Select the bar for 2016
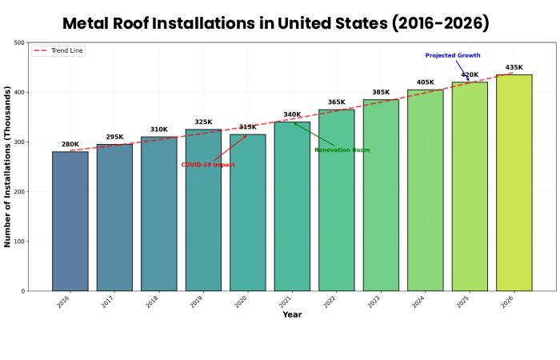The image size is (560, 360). (x=70, y=222)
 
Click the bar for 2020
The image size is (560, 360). (x=248, y=213)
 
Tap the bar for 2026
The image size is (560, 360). (x=514, y=183)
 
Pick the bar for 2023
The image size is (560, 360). (x=381, y=195)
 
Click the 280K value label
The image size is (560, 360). (x=70, y=145)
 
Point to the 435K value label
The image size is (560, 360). (x=514, y=68)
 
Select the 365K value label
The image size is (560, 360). (x=337, y=102)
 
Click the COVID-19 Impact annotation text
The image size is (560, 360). (x=208, y=165)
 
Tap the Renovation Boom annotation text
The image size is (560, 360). (x=342, y=150)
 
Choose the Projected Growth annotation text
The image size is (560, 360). (x=453, y=56)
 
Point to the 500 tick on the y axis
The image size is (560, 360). (x=19, y=43)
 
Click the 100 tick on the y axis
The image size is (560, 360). (x=19, y=242)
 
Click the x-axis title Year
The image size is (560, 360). (x=292, y=315)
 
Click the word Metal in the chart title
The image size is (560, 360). (x=94, y=23)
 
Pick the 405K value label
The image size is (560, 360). (x=426, y=82)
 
